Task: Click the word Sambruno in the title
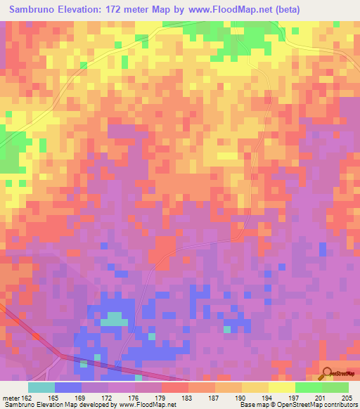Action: click(36, 10)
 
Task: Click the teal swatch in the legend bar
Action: click(41, 387)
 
